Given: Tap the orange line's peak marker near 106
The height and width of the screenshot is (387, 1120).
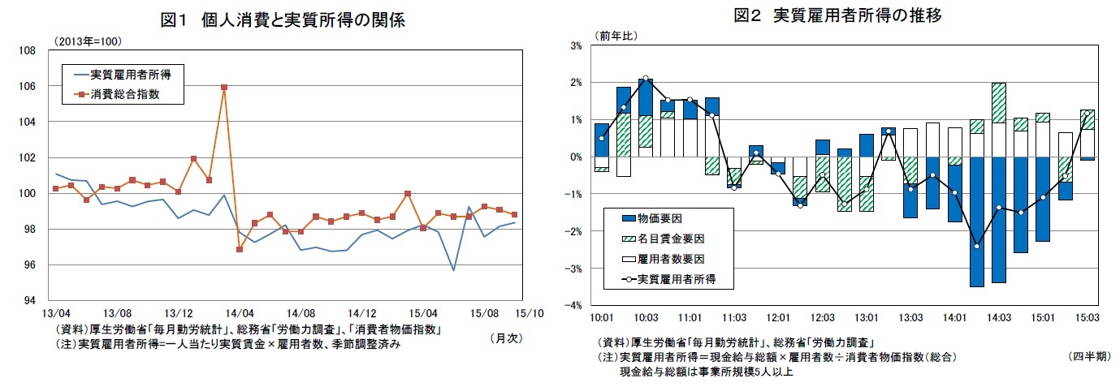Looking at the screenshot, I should coord(224,87).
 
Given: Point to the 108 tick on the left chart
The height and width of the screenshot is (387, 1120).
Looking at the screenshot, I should coord(27,51).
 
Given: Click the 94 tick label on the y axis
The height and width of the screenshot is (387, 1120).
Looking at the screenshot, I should coord(29,300).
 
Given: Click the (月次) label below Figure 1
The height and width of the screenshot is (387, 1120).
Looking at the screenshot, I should coord(504,338).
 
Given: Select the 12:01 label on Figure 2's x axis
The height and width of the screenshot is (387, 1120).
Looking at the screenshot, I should coord(778,317).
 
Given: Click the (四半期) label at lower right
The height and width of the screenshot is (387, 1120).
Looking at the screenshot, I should coord(1089,357).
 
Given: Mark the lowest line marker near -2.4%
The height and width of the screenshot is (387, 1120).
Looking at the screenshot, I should coord(976,246).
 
